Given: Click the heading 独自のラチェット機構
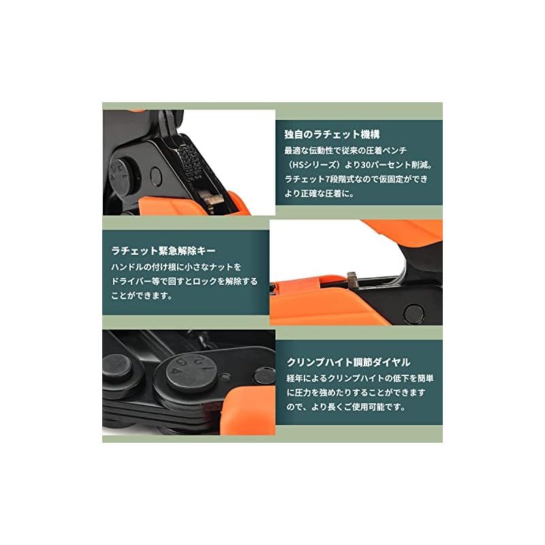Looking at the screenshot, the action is pyautogui.click(x=332, y=134).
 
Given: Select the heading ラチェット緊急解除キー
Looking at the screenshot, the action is pyautogui.click(x=163, y=251).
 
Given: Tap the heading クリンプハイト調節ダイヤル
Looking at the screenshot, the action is pyautogui.click(x=348, y=362).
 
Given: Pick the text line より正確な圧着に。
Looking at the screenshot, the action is pyautogui.click(x=319, y=193).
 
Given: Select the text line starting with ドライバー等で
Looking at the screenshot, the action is pyautogui.click(x=184, y=281).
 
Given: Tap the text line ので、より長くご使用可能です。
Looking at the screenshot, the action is pyautogui.click(x=346, y=407).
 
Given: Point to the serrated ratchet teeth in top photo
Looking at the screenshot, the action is pyautogui.click(x=190, y=161).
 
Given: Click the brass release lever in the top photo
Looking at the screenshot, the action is pyautogui.click(x=213, y=200).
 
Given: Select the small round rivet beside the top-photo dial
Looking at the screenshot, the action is pyautogui.click(x=156, y=176).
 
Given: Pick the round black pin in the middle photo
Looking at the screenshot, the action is pyautogui.click(x=414, y=313).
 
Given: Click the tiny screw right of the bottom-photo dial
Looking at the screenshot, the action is pyautogui.click(x=225, y=376).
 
